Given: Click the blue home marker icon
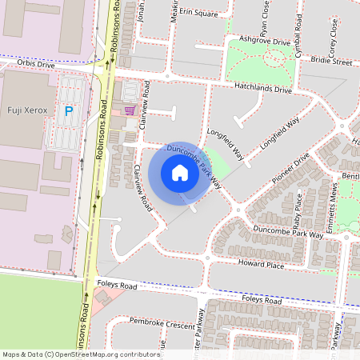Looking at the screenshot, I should coord(180,173).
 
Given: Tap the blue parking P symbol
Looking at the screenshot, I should coord(69,111).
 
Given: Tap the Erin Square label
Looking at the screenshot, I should coord(198,14).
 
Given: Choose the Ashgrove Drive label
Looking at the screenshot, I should coord(258,39).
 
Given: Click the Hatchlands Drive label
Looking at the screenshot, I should coord(263,88).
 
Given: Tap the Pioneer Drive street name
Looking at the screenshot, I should coord(289,171).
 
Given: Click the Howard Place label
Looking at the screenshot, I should coord(262,265).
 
